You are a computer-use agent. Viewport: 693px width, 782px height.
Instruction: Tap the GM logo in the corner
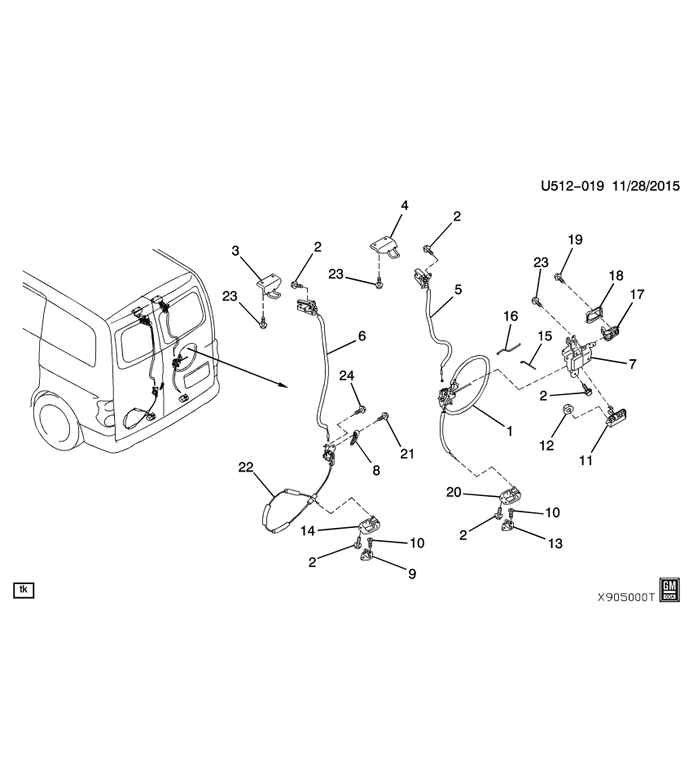click(669, 591)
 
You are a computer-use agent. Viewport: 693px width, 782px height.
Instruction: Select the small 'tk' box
click(23, 589)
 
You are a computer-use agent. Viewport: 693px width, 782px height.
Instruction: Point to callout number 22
click(246, 467)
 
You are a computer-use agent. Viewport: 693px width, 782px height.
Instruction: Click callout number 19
click(575, 239)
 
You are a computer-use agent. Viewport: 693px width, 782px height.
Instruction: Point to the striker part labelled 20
click(511, 494)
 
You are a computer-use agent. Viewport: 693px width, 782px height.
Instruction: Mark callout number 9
click(412, 573)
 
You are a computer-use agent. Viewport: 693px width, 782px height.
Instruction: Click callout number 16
click(510, 315)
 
